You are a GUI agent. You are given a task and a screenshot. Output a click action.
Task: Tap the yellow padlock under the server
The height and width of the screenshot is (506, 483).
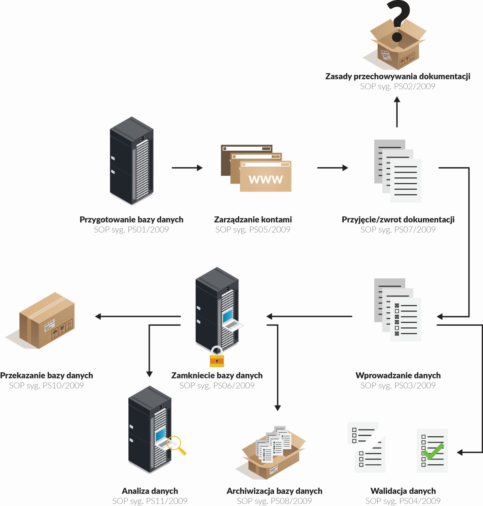point(217,358)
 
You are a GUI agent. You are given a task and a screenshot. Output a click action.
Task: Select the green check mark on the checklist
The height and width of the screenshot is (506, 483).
point(434,451)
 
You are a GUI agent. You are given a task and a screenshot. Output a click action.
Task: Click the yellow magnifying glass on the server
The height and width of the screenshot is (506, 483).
point(177,445)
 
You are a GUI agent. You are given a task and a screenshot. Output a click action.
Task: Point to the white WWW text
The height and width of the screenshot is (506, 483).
point(266,179)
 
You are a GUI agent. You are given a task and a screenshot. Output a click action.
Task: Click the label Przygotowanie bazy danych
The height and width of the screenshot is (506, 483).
point(131,220)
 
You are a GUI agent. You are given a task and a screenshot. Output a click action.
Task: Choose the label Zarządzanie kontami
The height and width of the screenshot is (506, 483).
point(253,220)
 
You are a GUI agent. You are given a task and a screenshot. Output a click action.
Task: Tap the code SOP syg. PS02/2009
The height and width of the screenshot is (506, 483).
point(398,86)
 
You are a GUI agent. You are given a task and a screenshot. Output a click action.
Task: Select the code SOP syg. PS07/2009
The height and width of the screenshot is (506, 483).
point(398,230)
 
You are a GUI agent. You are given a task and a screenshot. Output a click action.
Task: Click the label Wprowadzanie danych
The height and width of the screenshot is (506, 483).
point(398,376)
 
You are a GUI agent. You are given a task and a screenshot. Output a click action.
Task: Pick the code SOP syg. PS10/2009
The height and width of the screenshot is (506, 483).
point(47,386)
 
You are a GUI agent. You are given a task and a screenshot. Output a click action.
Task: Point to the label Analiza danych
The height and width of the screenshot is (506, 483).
point(150,491)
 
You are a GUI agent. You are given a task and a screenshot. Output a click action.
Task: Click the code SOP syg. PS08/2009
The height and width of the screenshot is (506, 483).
point(274,501)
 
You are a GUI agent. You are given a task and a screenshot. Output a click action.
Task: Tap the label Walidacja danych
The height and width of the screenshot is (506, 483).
point(403,491)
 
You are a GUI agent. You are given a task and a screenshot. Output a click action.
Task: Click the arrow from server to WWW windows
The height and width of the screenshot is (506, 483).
point(187,168)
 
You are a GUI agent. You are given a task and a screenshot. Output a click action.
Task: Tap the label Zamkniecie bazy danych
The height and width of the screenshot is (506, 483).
point(217,376)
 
